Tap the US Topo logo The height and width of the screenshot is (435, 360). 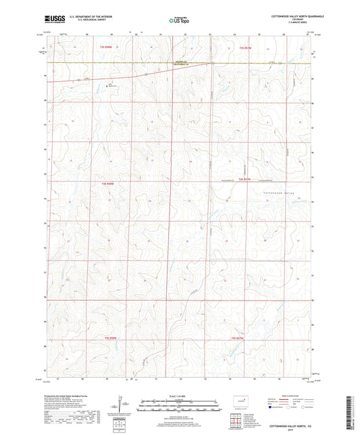click(x=178, y=21)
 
